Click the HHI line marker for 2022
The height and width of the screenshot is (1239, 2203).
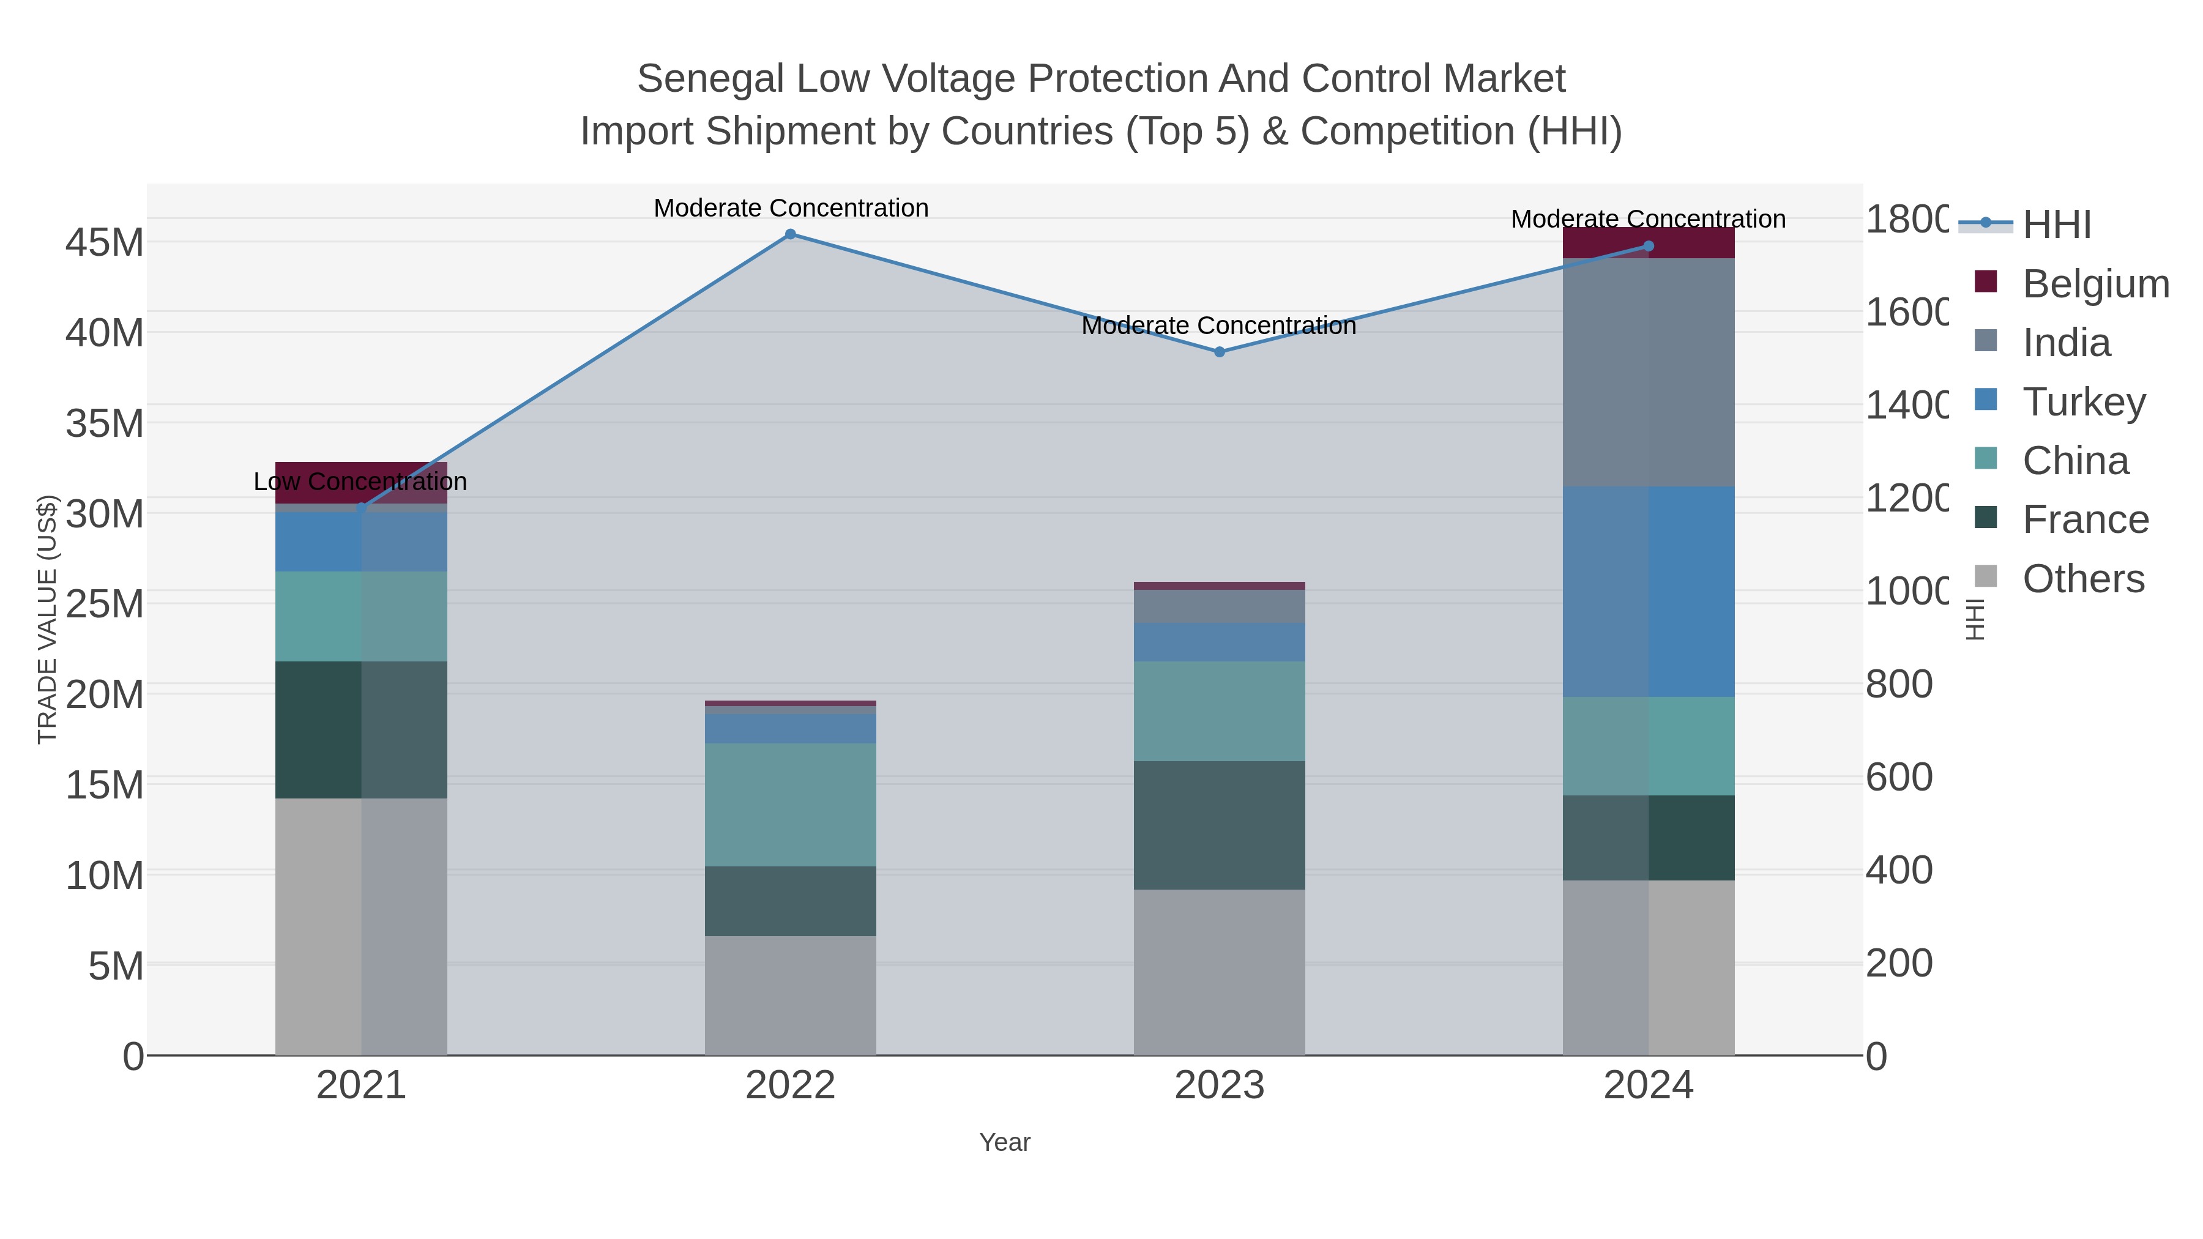point(790,234)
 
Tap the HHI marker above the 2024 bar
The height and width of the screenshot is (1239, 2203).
point(1649,246)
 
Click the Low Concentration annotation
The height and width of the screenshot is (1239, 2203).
point(360,482)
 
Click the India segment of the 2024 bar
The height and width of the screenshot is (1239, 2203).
point(1649,372)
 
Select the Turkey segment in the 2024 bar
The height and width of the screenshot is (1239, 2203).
point(1649,592)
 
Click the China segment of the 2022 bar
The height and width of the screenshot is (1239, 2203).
point(790,805)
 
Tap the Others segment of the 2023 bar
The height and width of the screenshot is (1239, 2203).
point(1220,972)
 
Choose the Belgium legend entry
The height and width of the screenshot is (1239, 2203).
point(2095,284)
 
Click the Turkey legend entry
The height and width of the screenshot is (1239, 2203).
point(2083,402)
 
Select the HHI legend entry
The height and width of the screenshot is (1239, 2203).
point(2056,224)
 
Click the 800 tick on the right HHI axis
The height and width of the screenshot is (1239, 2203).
point(1898,684)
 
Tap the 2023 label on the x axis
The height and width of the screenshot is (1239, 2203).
point(1220,1086)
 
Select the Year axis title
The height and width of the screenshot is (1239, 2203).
point(1005,1142)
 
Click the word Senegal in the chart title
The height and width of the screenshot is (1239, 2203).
point(710,79)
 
